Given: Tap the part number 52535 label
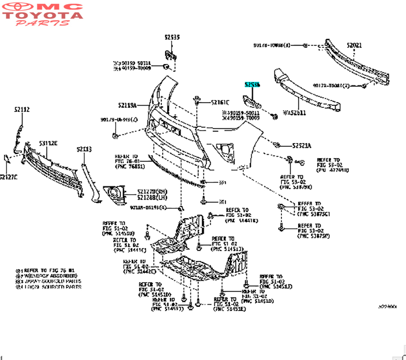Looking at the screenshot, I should [172, 37].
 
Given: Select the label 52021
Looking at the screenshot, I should [354, 46].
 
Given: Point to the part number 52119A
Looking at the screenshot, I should [127, 105].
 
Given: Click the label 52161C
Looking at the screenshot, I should [220, 102].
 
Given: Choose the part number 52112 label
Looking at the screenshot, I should [22, 109].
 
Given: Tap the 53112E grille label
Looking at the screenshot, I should [48, 143].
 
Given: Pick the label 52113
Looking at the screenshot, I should [84, 149].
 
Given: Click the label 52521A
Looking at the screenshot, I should [302, 145].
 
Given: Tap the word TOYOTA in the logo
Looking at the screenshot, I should [44, 15].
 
